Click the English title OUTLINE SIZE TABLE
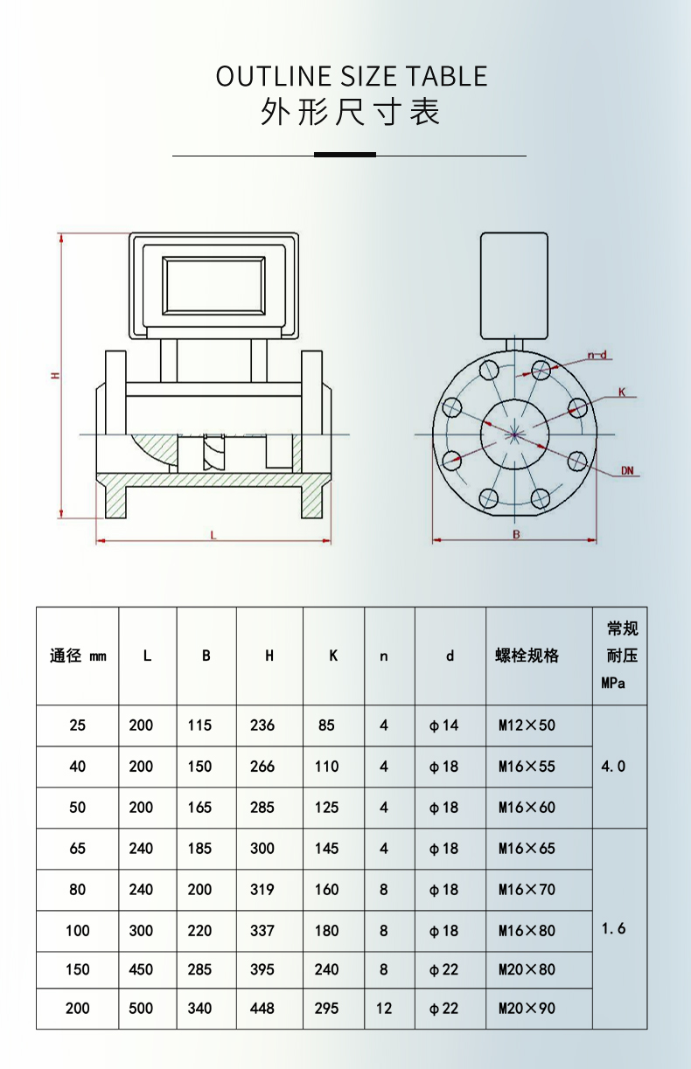click(351, 76)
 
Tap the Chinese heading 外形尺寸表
click(350, 113)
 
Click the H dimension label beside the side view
click(55, 375)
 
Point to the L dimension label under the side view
click(213, 535)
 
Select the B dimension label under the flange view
click(516, 534)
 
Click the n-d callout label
click(597, 355)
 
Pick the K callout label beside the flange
click(622, 393)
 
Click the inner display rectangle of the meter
click(214, 285)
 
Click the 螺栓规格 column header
click(527, 656)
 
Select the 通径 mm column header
click(78, 656)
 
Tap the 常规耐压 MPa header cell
click(620, 656)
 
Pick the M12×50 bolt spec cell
click(527, 725)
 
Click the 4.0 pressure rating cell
click(614, 767)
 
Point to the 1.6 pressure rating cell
click(614, 928)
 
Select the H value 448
click(262, 1008)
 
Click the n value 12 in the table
click(384, 1008)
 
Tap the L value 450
click(141, 969)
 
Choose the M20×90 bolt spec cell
click(527, 1008)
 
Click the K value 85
click(326, 725)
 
